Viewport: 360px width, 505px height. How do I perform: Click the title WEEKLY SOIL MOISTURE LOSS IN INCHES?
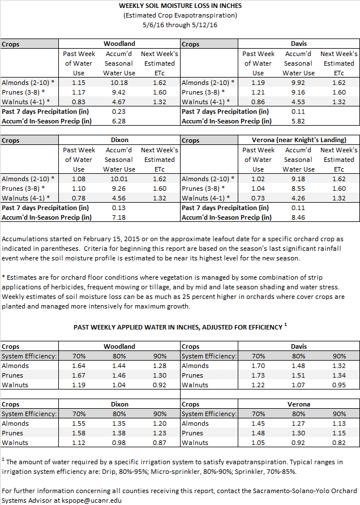pyautogui.click(x=180, y=6)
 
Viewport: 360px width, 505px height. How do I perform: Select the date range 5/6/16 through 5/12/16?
pyautogui.click(x=180, y=25)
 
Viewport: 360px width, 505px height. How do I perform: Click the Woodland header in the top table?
pyautogui.click(x=119, y=44)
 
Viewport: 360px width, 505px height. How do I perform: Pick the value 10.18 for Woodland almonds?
pyautogui.click(x=119, y=83)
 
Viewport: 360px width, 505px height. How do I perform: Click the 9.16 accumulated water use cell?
pyautogui.click(x=298, y=92)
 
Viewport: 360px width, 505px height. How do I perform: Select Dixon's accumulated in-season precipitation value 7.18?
pyautogui.click(x=119, y=217)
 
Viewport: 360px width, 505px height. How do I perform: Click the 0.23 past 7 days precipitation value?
pyautogui.click(x=119, y=112)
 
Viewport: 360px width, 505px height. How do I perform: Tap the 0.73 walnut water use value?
pyautogui.click(x=258, y=198)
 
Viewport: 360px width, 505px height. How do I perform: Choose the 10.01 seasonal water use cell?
pyautogui.click(x=119, y=179)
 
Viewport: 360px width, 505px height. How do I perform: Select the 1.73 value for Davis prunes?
pyautogui.click(x=258, y=375)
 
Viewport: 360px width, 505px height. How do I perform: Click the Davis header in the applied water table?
pyautogui.click(x=299, y=346)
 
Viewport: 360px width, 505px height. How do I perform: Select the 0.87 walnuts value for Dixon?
pyautogui.click(x=160, y=443)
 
